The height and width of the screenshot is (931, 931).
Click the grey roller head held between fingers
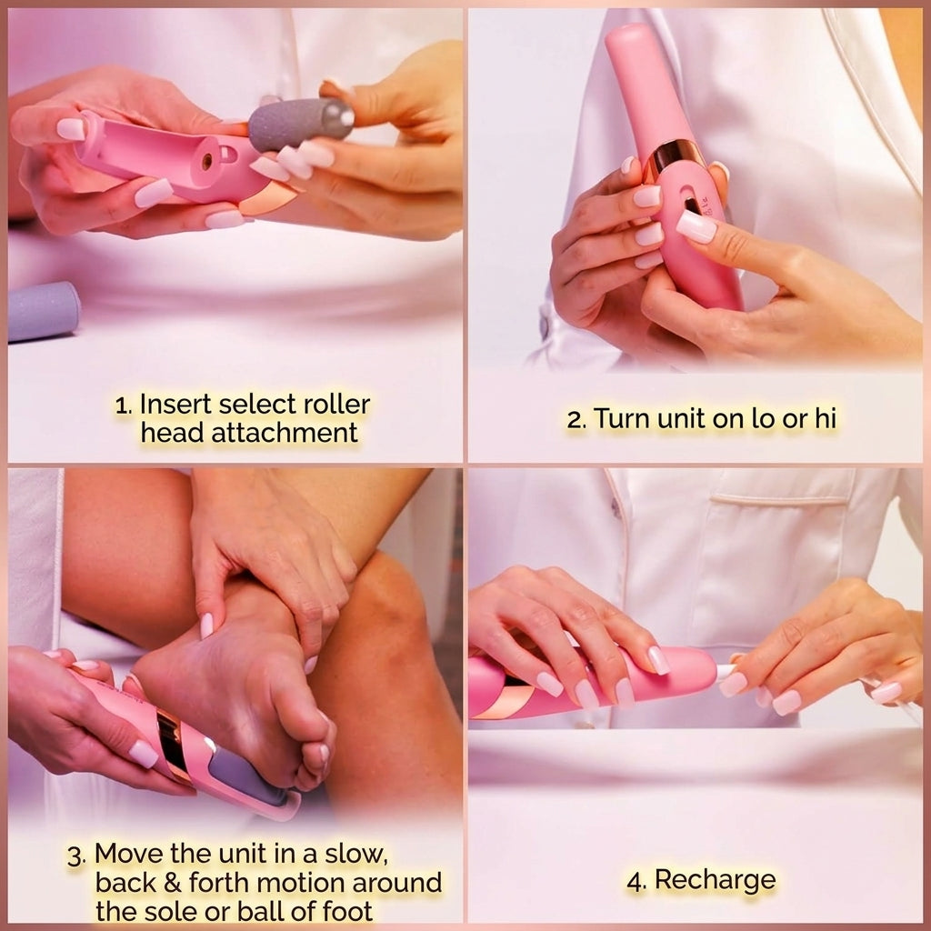pos(300,124)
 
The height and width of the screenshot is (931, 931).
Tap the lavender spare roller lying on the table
pos(44,311)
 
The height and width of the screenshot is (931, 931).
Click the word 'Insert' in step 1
pos(175,405)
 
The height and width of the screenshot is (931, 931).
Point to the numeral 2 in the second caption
pos(576,420)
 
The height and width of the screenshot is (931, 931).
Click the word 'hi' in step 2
pos(825,418)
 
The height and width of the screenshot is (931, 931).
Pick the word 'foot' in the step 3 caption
pos(347,911)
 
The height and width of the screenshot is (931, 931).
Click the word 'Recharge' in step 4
pos(715,880)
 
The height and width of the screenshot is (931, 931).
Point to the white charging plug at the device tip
pos(726,672)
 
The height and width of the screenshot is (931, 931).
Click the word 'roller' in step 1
pos(336,405)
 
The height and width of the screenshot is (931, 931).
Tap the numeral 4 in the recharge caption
pos(636,882)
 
